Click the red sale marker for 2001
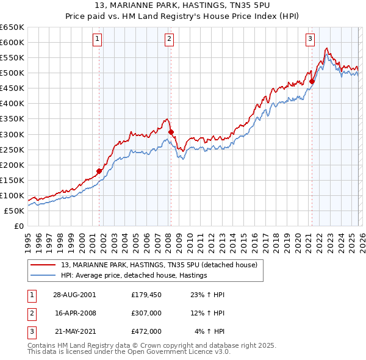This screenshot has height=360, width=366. [x=99, y=171]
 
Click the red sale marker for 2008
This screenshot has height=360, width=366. [x=171, y=132]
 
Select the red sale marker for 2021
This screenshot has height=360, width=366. [x=312, y=81]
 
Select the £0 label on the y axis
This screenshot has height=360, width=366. [x=18, y=226]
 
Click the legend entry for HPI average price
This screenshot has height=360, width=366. [x=134, y=275]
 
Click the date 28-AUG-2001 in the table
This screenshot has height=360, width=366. [x=74, y=295]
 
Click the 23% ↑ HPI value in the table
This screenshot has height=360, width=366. [x=207, y=295]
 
